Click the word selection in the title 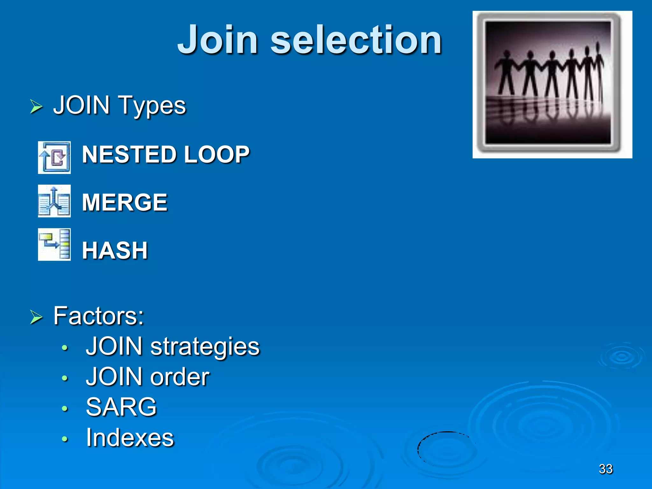pyautogui.click(x=356, y=40)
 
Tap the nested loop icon pyautogui.click(x=54, y=158)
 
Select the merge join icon pyautogui.click(x=54, y=201)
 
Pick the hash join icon pyautogui.click(x=54, y=244)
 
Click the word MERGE pyautogui.click(x=124, y=202)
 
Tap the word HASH pyautogui.click(x=115, y=251)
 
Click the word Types pyautogui.click(x=152, y=106)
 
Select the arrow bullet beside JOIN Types pyautogui.click(x=36, y=106)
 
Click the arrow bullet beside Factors pyautogui.click(x=36, y=317)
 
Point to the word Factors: pyautogui.click(x=99, y=316)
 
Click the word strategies pyautogui.click(x=205, y=347)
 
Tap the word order pyautogui.click(x=180, y=377)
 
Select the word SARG pyautogui.click(x=121, y=407)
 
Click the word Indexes pyautogui.click(x=130, y=438)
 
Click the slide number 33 pyautogui.click(x=606, y=469)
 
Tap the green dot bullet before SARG pyautogui.click(x=65, y=408)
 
